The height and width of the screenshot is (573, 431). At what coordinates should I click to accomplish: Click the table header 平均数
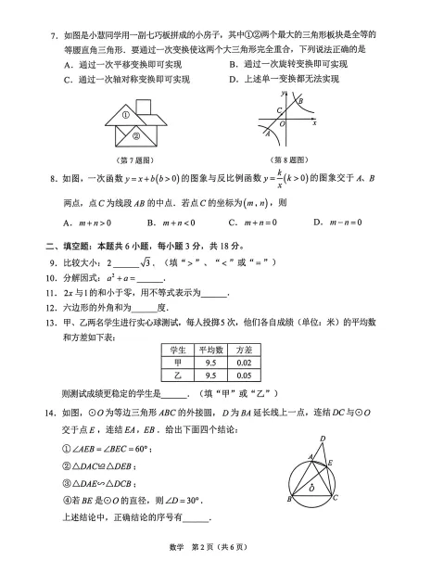(209, 350)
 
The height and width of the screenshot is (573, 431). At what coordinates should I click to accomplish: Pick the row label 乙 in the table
(176, 376)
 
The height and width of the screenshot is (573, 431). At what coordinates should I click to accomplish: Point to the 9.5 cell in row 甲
(209, 363)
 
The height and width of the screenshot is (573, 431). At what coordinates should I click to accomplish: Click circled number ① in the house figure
(127, 116)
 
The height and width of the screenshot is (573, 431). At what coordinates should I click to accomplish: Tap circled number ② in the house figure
(136, 135)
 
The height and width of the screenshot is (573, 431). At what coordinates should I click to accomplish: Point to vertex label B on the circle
(290, 499)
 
